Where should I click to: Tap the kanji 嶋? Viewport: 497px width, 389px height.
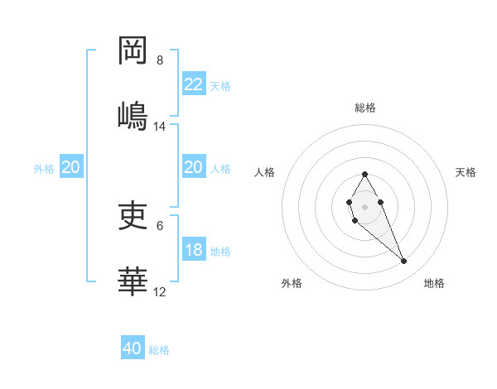pos(133,115)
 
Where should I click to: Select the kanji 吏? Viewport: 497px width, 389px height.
pos(133,214)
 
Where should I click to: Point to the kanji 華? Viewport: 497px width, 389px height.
pos(133,281)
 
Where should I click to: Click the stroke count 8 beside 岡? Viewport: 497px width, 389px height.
pos(160,60)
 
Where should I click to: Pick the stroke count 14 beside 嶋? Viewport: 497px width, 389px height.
pos(160,127)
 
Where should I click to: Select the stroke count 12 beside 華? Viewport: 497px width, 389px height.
pos(160,291)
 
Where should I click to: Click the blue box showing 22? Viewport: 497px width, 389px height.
pos(193,84)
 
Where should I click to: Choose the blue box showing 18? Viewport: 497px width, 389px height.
pos(193,250)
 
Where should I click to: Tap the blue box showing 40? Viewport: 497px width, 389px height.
pos(133,348)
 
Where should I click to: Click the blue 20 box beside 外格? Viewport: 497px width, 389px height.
pos(70,167)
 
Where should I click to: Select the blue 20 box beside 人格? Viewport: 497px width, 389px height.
pos(193,167)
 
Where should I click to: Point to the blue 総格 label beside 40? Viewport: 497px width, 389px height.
pos(159,350)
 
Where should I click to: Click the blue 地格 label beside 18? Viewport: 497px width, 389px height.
pos(220,251)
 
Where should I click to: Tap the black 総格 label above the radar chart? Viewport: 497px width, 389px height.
pos(364,108)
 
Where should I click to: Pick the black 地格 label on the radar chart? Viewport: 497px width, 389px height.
pos(434,283)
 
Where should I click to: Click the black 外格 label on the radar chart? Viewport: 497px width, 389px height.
pos(292,283)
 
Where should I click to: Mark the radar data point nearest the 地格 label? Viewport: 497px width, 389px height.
pos(404,262)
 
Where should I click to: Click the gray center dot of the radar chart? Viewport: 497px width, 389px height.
pos(364,205)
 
